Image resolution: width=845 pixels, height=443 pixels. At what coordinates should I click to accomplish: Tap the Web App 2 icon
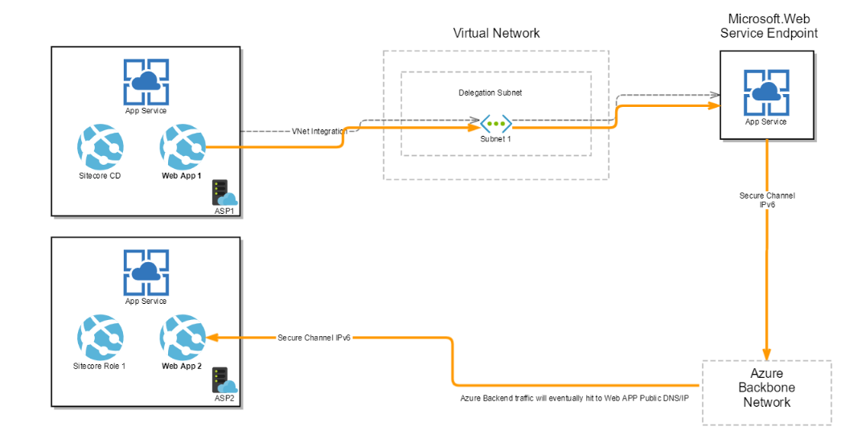pos(183,338)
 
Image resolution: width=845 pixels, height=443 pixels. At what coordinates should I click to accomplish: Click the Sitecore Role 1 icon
pos(100,338)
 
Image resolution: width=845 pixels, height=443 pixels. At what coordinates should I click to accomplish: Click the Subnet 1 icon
pos(495,124)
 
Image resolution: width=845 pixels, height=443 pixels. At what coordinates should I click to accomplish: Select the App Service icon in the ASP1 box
pos(146,81)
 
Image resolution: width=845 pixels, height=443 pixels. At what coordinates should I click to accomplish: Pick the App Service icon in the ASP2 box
pos(146,273)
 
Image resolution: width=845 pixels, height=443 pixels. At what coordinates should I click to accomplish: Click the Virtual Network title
pos(496,33)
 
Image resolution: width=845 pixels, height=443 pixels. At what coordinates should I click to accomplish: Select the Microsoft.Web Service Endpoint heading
pos(768,26)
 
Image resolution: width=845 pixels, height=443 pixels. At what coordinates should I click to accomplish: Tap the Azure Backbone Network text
pos(766,388)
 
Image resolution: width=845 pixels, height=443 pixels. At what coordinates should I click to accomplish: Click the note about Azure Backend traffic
pos(574,398)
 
